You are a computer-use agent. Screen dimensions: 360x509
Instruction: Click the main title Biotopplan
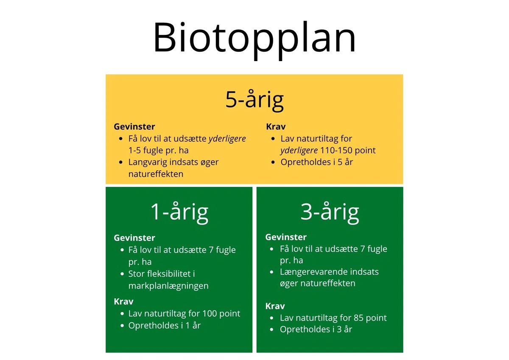click(x=255, y=37)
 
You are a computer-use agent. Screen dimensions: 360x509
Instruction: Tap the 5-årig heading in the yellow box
click(x=255, y=100)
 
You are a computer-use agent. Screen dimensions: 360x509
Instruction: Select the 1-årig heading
click(x=179, y=211)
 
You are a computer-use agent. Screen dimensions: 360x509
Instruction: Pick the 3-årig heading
click(x=330, y=211)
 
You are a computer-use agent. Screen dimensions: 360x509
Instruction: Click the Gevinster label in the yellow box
click(x=134, y=127)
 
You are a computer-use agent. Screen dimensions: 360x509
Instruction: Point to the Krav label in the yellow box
click(x=276, y=127)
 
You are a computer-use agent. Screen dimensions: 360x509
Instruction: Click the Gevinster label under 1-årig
click(x=134, y=238)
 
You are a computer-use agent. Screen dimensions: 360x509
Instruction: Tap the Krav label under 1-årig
click(x=123, y=301)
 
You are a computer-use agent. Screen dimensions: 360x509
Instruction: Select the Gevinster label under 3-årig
click(x=286, y=237)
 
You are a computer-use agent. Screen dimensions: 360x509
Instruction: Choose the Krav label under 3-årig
click(x=275, y=306)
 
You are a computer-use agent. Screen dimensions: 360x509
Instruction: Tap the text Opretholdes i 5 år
click(x=316, y=162)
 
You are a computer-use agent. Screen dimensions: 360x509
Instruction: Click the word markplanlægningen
click(x=168, y=286)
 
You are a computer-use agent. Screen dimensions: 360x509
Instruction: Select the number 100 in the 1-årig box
click(x=210, y=314)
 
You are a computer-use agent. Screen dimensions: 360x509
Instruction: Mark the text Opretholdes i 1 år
click(x=165, y=326)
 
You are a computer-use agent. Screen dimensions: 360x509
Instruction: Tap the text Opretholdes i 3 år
click(x=316, y=329)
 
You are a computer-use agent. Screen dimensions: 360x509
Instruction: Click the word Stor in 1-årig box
click(x=136, y=274)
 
